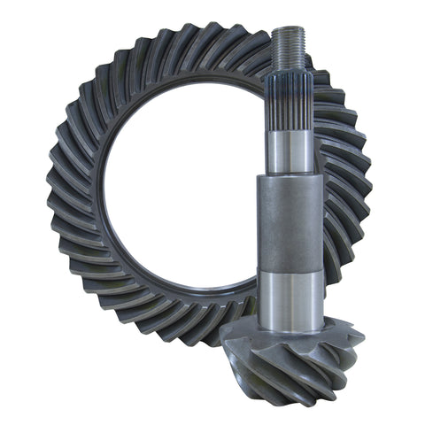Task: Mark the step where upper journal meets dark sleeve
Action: (291, 174)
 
